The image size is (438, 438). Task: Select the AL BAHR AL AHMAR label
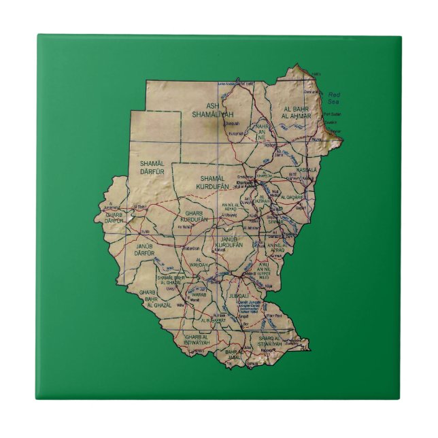[297, 113]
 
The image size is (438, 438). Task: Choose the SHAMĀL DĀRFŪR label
[152, 167]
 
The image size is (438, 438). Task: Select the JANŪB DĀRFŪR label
[147, 249]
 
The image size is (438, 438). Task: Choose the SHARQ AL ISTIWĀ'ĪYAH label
[270, 340]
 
